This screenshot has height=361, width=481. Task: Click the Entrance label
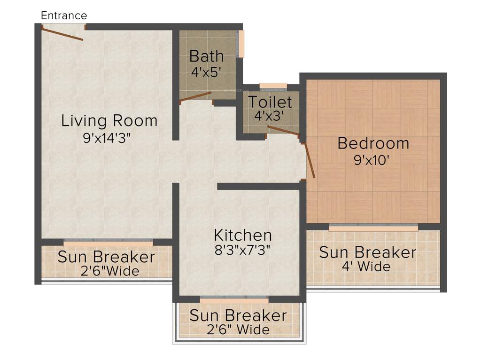tap(64, 16)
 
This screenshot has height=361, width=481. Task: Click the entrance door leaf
tap(62, 34)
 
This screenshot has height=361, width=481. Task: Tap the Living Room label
tap(109, 121)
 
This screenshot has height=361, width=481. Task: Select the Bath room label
tap(206, 56)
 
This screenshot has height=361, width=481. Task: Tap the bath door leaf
tap(196, 96)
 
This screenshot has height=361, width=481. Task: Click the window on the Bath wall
tap(240, 44)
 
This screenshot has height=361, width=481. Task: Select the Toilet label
tap(270, 102)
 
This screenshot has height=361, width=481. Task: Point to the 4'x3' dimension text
tap(270, 115)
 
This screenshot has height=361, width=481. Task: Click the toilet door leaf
tap(283, 131)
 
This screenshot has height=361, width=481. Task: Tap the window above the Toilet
tap(273, 86)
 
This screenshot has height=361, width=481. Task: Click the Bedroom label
tap(373, 143)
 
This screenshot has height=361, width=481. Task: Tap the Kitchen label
tap(243, 235)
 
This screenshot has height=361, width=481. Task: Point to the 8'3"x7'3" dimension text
tap(243, 250)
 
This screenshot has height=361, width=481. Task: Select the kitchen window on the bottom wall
tap(234, 299)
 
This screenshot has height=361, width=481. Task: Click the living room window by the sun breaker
tap(108, 243)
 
